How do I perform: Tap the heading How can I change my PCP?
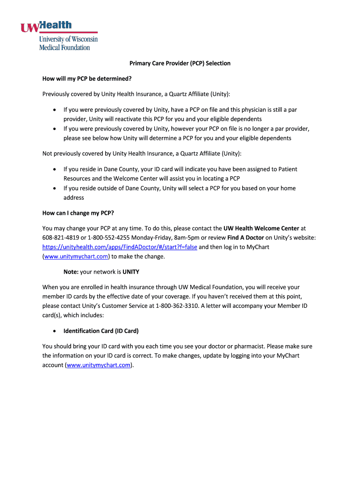point(78,213)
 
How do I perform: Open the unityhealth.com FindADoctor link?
point(120,247)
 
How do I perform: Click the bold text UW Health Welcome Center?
point(261,228)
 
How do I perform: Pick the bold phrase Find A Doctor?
point(245,238)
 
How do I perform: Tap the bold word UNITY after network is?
point(131,272)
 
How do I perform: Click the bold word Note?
point(71,272)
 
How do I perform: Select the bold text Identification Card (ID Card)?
point(101,331)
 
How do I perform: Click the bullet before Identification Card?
point(55,331)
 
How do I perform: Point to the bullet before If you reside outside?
point(55,189)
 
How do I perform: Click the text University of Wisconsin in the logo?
point(68,39)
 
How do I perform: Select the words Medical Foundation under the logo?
point(65,47)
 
